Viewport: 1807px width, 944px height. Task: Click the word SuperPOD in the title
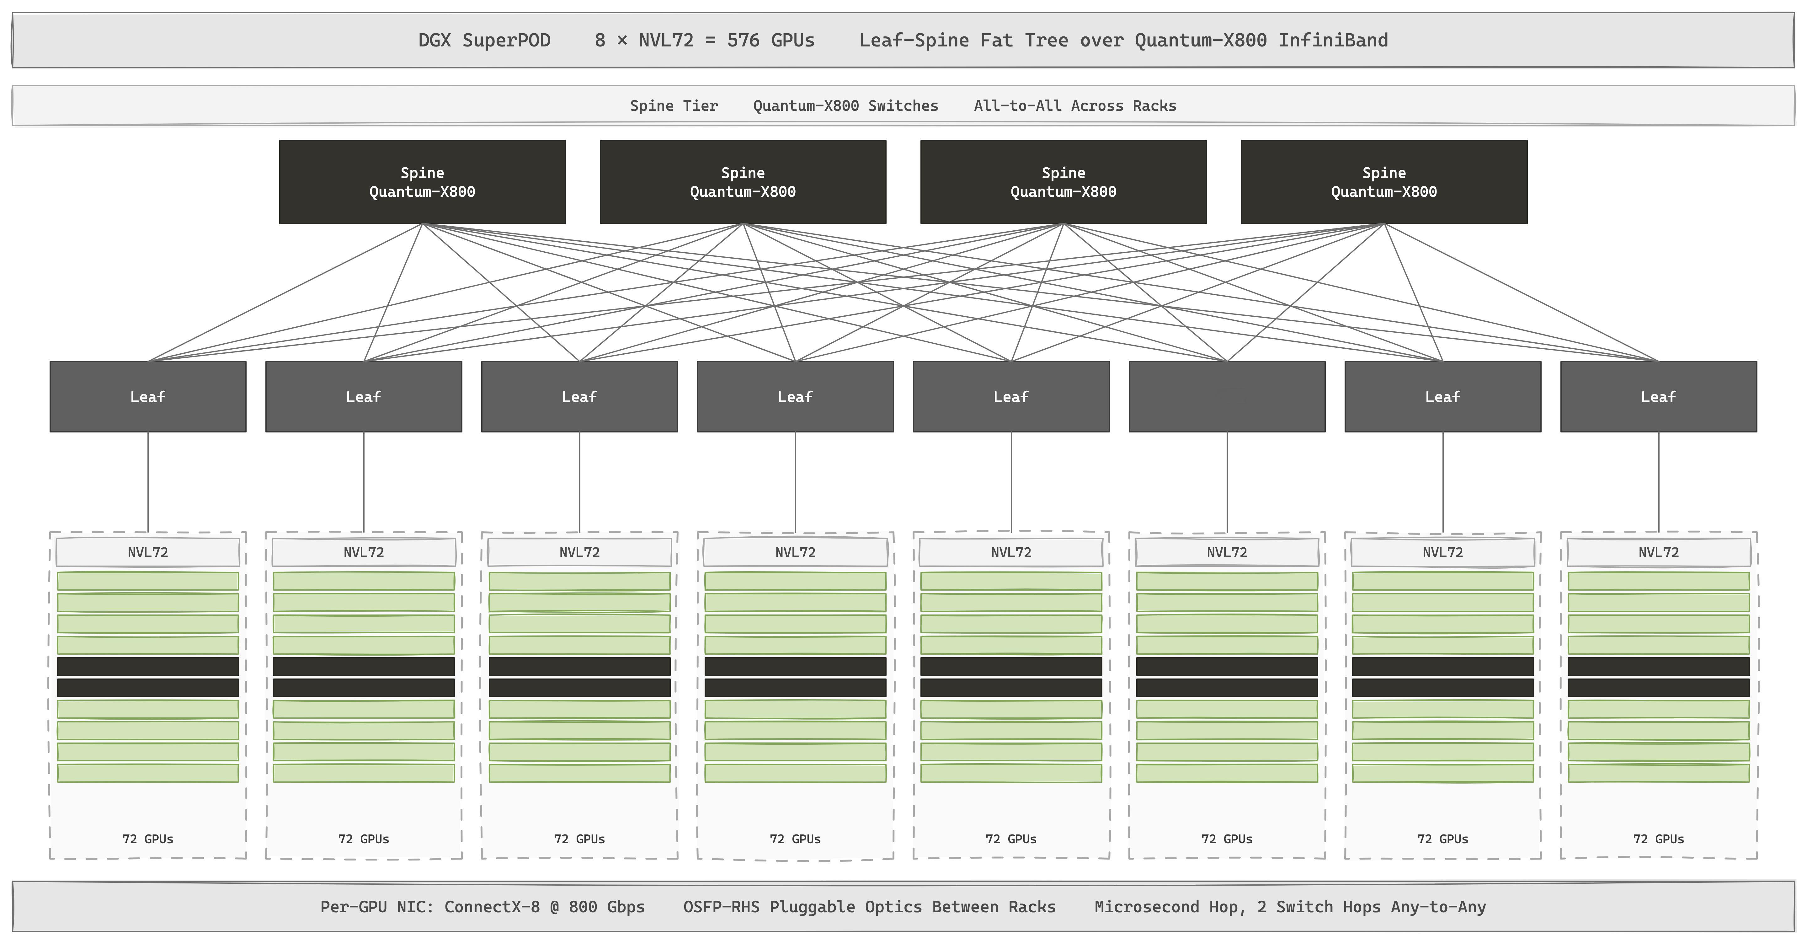point(506,40)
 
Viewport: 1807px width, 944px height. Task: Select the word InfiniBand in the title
point(1333,40)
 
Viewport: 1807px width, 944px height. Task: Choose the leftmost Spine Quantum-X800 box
point(422,182)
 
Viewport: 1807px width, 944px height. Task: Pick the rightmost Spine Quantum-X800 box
point(1384,182)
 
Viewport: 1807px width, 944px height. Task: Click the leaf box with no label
point(1227,397)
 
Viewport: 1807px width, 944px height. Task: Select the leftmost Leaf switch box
point(148,397)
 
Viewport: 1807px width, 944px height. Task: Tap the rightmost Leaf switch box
point(1658,397)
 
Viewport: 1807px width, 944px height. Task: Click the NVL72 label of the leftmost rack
point(148,552)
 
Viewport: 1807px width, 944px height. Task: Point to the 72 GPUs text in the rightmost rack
point(1658,839)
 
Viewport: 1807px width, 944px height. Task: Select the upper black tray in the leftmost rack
point(148,666)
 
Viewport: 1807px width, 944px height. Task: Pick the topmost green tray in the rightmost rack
point(1658,581)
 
